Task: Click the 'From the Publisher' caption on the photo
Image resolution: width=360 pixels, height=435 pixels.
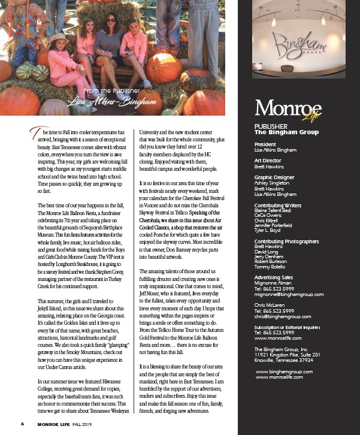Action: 112,91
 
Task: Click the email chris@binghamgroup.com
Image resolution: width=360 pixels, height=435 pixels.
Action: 282,316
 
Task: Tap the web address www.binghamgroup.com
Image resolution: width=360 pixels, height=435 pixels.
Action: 284,371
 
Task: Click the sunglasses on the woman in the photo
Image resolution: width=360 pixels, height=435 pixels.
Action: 111,20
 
